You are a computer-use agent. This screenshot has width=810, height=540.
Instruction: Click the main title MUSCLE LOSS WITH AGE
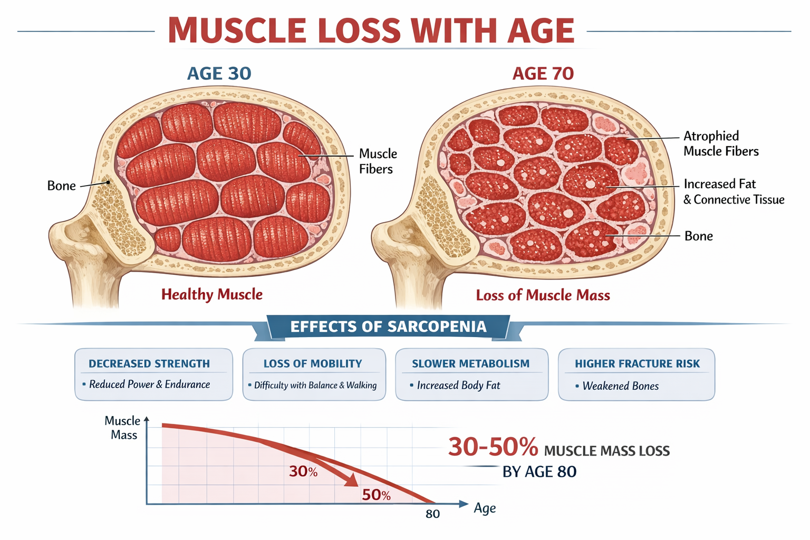point(371,31)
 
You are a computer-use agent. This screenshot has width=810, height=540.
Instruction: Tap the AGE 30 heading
point(219,73)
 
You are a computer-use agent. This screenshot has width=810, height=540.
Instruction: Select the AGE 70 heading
point(543,73)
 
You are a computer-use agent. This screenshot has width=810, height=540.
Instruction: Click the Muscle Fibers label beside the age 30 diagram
point(377,161)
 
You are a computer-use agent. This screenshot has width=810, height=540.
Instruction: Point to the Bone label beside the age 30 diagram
point(62,186)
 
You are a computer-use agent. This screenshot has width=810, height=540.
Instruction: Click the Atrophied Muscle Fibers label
point(720,144)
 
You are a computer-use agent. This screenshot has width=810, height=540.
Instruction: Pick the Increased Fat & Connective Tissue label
point(733,191)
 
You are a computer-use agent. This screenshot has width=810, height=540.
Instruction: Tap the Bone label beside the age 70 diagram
point(698,236)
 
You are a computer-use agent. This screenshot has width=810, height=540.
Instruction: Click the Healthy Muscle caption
point(211,294)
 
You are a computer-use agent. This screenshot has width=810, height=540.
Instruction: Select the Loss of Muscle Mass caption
point(543,295)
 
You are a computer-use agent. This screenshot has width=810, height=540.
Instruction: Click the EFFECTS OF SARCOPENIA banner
point(388,327)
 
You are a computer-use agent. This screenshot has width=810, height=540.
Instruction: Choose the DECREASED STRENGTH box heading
point(149,364)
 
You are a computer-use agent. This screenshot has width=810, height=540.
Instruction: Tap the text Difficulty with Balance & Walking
point(315,385)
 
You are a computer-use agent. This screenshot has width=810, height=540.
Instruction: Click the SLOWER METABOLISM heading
point(470,364)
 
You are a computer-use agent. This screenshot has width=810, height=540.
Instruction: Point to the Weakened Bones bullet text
point(620,386)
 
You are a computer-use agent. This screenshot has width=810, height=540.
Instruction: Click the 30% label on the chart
point(303,471)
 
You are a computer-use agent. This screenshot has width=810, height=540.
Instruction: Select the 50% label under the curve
point(376,495)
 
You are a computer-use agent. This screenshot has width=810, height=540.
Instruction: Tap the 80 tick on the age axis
point(432,514)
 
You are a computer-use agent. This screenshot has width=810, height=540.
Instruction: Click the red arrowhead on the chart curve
point(351,480)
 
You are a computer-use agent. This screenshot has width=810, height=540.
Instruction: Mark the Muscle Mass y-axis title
point(123,428)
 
